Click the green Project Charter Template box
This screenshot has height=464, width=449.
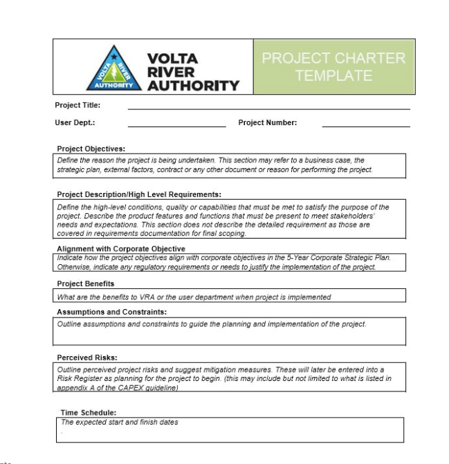click(329, 66)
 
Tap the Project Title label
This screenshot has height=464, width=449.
click(77, 105)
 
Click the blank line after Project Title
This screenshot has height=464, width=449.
click(268, 108)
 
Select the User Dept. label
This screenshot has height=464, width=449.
click(75, 123)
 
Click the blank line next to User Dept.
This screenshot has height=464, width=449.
click(176, 126)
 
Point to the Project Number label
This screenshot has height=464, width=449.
click(267, 123)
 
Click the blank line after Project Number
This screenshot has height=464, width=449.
click(365, 126)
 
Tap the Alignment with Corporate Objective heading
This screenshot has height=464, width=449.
click(121, 249)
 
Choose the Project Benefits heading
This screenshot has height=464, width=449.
click(86, 284)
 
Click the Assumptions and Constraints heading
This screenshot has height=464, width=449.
click(111, 312)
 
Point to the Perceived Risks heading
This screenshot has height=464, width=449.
click(87, 358)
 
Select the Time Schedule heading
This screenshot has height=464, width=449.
click(89, 412)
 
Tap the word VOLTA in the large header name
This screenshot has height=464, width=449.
click(173, 59)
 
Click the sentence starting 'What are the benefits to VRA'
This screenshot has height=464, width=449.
click(194, 297)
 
